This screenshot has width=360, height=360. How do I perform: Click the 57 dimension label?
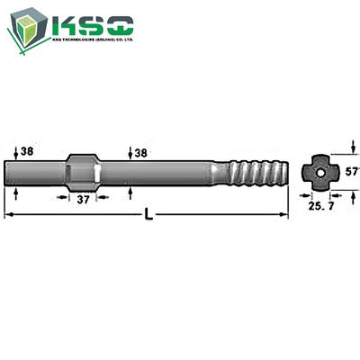coord(351,170)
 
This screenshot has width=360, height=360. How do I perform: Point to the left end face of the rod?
coord(8,171)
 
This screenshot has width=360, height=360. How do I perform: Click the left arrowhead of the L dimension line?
coord(9,214)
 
